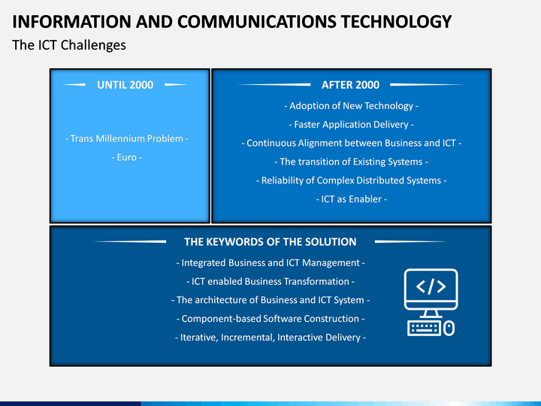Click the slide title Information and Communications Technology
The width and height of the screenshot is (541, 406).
point(232,21)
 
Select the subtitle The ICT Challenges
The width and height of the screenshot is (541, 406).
point(69,45)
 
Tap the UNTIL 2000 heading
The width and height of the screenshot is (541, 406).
point(125,85)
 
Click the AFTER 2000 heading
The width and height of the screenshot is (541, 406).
point(350,85)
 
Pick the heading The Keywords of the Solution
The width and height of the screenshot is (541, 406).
point(270,242)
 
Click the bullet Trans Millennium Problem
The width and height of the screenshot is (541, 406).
point(126,139)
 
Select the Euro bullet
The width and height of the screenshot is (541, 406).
point(126,157)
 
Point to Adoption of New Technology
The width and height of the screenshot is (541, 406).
point(351,106)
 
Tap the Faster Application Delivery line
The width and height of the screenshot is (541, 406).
point(351,125)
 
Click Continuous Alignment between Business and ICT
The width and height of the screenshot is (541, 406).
point(351,143)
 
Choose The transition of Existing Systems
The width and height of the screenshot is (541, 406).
point(351,162)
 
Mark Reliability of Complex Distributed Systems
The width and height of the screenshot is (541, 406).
point(351,180)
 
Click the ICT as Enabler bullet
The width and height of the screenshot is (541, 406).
point(351,199)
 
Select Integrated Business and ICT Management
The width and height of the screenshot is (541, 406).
point(270,263)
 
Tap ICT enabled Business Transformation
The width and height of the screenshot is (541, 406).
point(270,281)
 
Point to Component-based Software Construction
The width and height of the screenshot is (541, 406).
point(270,319)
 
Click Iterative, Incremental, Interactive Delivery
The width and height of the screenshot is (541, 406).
point(270,338)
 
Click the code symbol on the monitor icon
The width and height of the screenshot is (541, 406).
point(431,286)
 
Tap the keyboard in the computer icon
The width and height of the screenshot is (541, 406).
point(424,328)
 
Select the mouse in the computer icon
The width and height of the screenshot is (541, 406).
point(449,328)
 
